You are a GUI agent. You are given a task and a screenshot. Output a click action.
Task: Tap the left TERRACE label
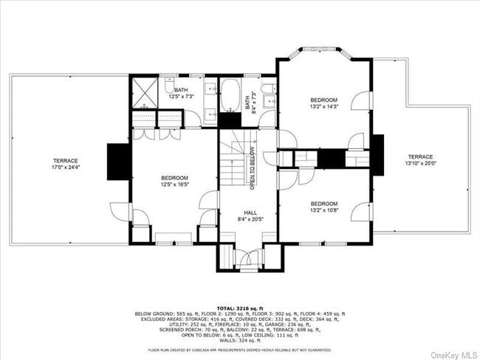coord(65,160)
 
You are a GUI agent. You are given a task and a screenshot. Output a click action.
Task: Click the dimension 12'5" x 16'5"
coord(175,184)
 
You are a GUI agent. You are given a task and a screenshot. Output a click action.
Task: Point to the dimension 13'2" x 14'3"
coord(323,106)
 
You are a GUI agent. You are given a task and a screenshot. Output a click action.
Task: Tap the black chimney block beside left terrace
coord(117,162)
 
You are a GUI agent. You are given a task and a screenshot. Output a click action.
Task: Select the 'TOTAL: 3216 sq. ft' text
coord(239,307)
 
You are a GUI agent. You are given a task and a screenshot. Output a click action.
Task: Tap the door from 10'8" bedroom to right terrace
coord(363,212)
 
